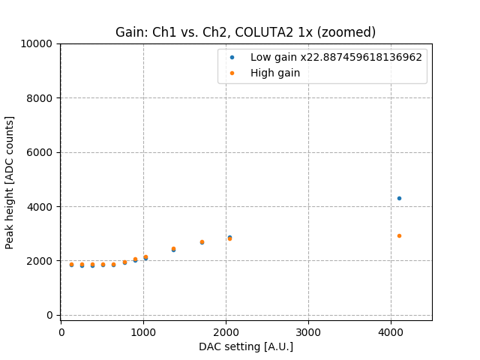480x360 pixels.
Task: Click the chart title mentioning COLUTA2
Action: click(x=245, y=32)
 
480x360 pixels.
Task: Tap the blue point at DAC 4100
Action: click(x=399, y=198)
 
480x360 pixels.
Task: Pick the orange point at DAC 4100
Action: click(x=399, y=235)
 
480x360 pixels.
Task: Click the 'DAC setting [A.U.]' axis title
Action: click(x=245, y=346)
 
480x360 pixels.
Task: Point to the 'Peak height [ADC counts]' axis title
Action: click(x=10, y=182)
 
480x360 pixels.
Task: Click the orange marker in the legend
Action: click(x=232, y=73)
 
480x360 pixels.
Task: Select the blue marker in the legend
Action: click(x=232, y=57)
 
